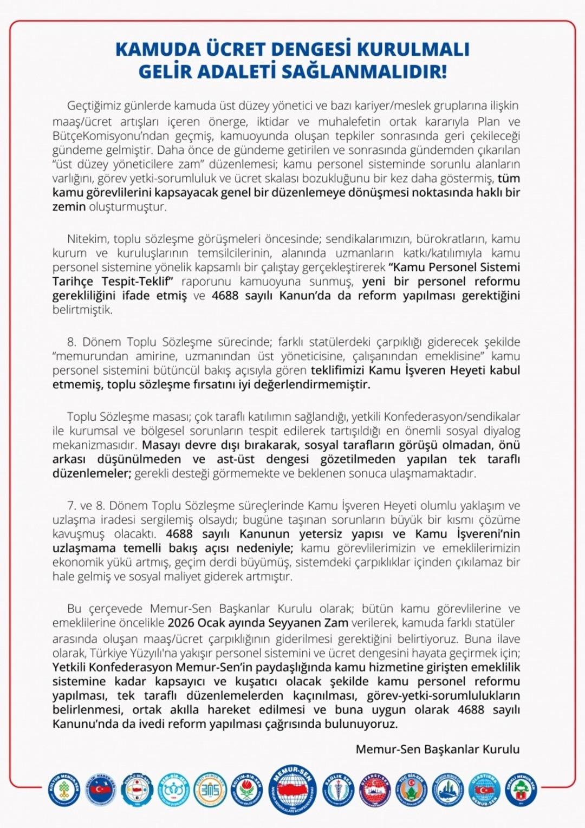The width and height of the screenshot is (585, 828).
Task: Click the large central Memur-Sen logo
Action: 293,792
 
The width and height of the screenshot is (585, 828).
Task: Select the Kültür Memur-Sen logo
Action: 64,789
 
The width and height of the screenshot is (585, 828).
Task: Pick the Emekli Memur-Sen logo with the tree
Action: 521,789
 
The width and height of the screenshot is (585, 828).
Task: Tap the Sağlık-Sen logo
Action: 339,790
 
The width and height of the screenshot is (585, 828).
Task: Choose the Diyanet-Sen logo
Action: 375,790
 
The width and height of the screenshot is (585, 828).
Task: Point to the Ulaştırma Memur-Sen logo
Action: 484,790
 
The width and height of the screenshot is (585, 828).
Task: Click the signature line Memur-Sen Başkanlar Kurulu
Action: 437,749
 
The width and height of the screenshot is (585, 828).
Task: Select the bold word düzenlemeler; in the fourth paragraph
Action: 92,473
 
